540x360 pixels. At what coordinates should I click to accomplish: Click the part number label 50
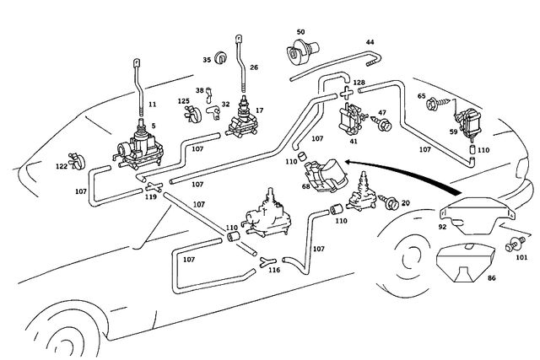[x=300, y=33]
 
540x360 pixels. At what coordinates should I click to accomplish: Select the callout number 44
[x=370, y=41]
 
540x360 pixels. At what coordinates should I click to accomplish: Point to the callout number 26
[x=254, y=68]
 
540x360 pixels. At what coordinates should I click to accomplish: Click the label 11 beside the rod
[x=153, y=104]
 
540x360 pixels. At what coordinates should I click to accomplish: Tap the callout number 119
[x=150, y=196]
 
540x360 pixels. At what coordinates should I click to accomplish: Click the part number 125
[x=183, y=101]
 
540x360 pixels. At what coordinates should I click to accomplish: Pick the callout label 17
[x=260, y=110]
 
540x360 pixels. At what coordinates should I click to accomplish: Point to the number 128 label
[x=359, y=83]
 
